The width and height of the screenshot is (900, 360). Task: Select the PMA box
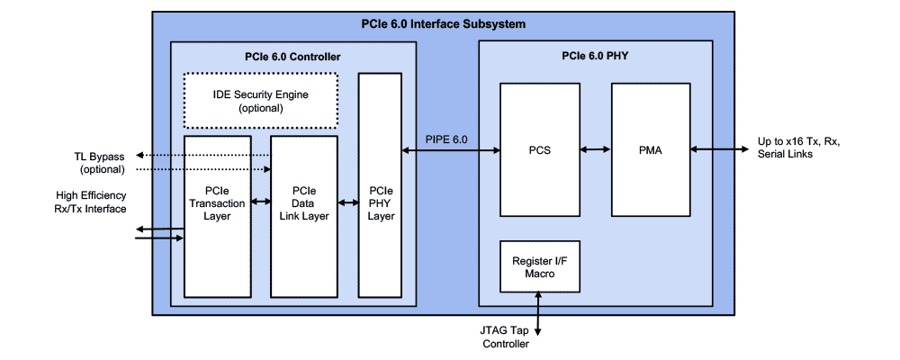click(651, 149)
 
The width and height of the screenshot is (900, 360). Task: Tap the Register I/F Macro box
click(540, 265)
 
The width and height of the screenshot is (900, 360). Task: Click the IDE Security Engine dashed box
click(261, 100)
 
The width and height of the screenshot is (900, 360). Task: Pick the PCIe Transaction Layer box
click(216, 216)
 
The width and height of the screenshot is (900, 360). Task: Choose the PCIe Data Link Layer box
click(304, 216)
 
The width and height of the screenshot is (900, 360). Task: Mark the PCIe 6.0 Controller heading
click(292, 58)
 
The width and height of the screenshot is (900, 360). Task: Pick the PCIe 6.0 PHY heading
click(597, 58)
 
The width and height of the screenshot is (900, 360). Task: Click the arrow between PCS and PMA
click(596, 149)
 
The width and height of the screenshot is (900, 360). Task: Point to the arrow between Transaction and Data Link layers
click(260, 202)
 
